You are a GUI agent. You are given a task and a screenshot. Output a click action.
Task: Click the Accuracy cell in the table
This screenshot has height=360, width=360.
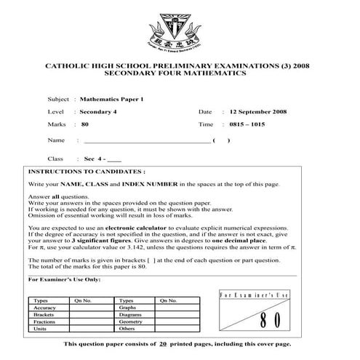[x=45, y=308]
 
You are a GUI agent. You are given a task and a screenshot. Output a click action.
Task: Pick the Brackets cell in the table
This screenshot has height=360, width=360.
[x=45, y=314]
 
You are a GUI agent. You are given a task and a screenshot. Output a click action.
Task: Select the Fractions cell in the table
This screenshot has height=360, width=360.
[x=45, y=321]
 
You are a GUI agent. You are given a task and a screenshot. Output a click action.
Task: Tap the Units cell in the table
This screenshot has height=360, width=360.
[x=41, y=329]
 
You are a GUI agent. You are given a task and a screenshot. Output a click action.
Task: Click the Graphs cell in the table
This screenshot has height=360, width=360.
[x=128, y=308]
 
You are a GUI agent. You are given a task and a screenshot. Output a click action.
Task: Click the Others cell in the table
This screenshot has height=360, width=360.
[x=127, y=329]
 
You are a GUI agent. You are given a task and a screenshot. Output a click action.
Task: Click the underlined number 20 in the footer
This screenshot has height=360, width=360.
[x=164, y=343]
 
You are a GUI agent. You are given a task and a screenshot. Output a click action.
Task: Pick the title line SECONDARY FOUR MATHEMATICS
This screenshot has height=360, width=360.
[x=175, y=73]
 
